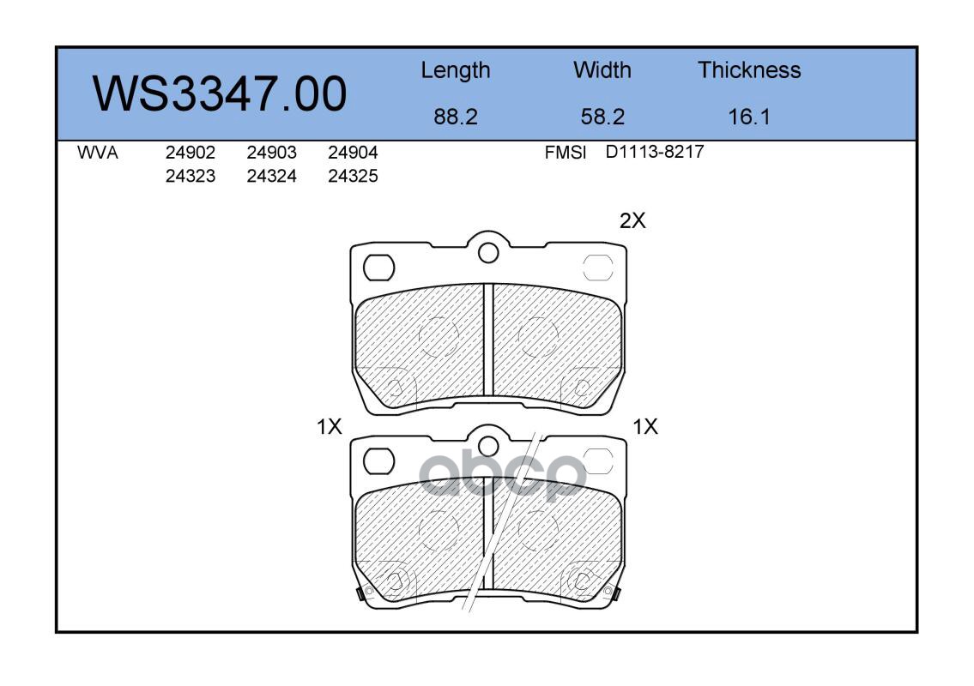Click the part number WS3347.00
click(220, 93)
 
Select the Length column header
click(456, 71)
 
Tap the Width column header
click(602, 70)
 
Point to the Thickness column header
click(749, 70)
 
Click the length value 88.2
click(456, 117)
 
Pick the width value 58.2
click(602, 117)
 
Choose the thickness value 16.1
click(749, 117)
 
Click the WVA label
click(98, 153)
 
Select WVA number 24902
click(190, 153)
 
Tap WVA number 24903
click(271, 153)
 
